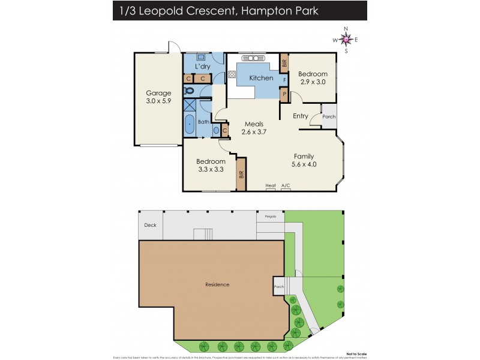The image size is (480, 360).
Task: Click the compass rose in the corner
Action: tap(346, 40)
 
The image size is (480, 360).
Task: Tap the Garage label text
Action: tap(158, 93)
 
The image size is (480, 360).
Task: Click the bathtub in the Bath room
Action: tap(190, 125)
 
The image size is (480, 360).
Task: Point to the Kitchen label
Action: tap(261, 78)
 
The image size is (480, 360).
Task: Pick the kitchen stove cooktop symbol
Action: tap(232, 75)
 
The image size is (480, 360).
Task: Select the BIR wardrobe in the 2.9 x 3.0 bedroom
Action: tap(284, 62)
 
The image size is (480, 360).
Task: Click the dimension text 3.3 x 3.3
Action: tap(211, 170)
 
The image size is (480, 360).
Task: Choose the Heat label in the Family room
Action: tap(271, 186)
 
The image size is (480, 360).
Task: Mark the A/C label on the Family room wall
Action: tap(286, 186)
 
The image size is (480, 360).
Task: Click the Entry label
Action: tap(301, 116)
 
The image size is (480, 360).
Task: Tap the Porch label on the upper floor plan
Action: tap(329, 117)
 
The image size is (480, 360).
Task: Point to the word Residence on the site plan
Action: tap(217, 284)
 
